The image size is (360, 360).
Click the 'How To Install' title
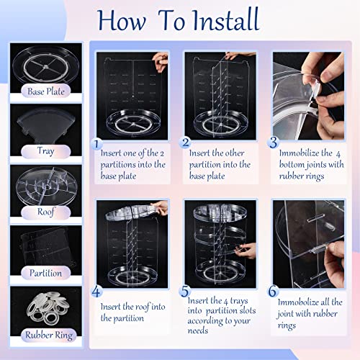coord(178,20)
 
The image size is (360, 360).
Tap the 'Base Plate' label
coord(46,91)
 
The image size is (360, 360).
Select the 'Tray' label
coord(45,151)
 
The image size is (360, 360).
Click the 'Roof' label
coord(45,212)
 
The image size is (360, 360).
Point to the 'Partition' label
coord(45,273)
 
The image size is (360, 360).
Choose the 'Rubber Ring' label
coord(49,335)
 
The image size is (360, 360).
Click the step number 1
coord(96,144)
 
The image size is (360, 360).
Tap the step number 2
coord(185,143)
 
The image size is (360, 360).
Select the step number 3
coord(274,142)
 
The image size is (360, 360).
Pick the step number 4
coord(96,292)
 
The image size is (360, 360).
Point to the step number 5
coord(185,291)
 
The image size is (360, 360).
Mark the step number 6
coord(273,291)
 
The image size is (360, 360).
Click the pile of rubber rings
coord(48,308)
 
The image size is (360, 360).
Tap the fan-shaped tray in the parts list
coord(46,125)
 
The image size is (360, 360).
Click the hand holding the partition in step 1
coord(160,61)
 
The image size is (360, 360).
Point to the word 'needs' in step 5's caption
coord(198,330)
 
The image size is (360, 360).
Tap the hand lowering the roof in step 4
coord(159,207)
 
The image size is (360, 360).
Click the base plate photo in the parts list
coord(46,65)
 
